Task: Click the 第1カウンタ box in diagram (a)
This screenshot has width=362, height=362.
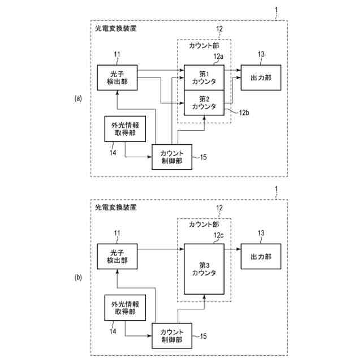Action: point(204,77)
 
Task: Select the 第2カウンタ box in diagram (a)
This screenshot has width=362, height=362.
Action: point(204,102)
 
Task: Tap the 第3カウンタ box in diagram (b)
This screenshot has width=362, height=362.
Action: point(204,269)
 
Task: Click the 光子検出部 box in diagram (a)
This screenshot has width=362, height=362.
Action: point(117,77)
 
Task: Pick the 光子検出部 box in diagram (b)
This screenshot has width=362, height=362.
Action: point(117,256)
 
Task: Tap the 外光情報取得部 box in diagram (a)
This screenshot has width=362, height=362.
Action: point(123,129)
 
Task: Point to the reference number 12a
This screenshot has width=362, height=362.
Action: point(218,57)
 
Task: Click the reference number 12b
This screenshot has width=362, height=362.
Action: point(244,113)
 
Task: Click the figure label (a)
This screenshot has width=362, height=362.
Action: point(79,98)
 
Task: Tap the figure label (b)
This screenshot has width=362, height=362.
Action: point(79,277)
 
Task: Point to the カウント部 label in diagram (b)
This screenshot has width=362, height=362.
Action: point(204,225)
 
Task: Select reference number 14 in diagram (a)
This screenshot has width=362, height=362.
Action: point(112,150)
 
